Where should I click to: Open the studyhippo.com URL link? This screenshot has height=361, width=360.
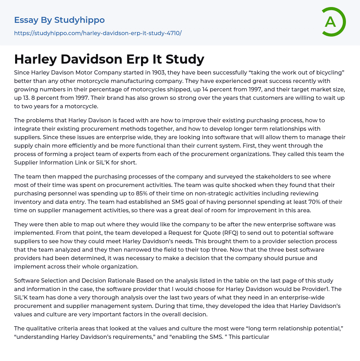98,33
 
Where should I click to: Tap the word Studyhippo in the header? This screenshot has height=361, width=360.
79,20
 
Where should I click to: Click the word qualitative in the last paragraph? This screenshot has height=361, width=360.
40,328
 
